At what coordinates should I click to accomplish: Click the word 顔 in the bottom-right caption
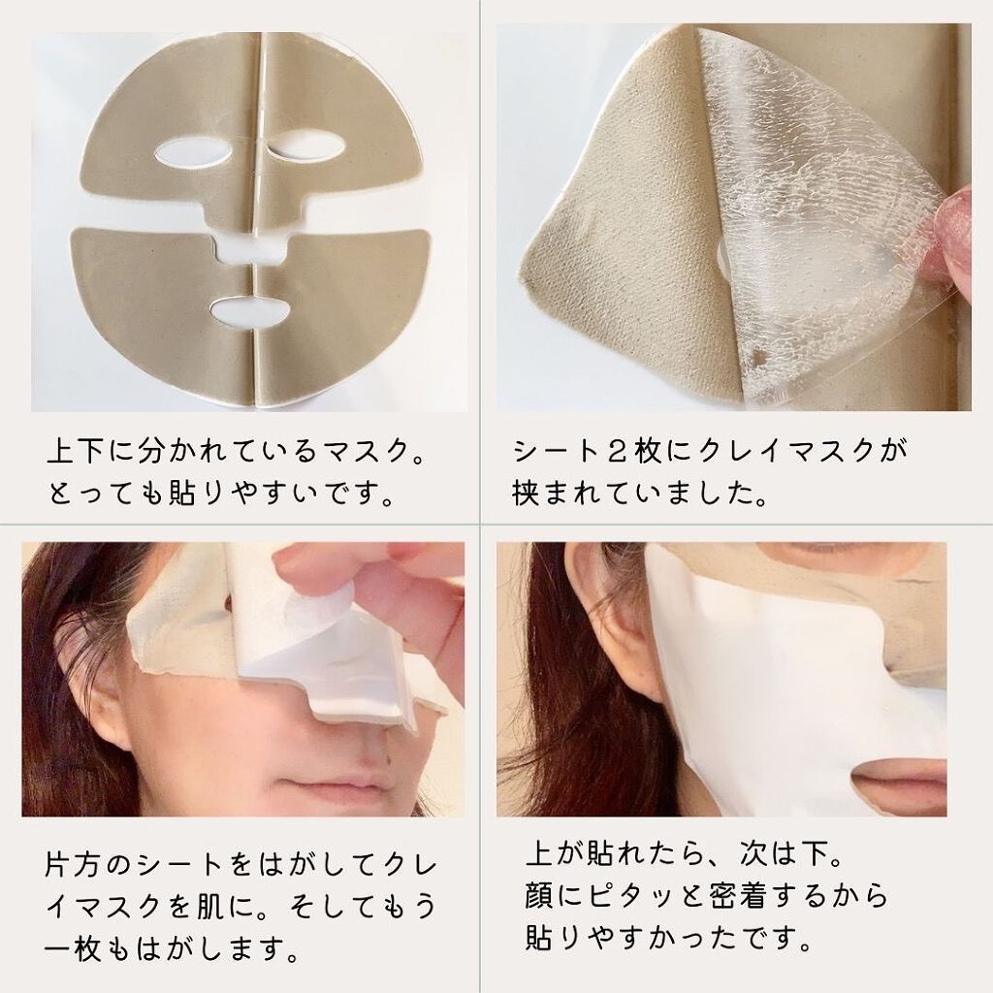coord(539,894)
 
